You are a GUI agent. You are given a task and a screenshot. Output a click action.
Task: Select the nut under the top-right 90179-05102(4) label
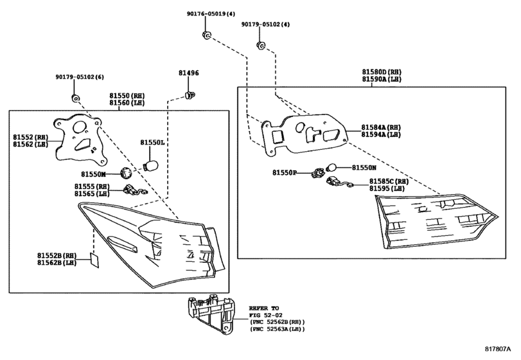(261, 45)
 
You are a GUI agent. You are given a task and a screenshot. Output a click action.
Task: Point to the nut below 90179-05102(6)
(75, 98)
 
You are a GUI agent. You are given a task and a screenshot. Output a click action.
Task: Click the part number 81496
(189, 74)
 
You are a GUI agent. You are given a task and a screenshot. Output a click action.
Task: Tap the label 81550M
(93, 174)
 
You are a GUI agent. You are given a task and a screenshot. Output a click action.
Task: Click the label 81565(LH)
(91, 194)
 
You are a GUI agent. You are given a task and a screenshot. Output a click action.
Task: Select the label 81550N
(364, 167)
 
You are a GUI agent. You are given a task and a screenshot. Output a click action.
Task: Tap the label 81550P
(284, 173)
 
